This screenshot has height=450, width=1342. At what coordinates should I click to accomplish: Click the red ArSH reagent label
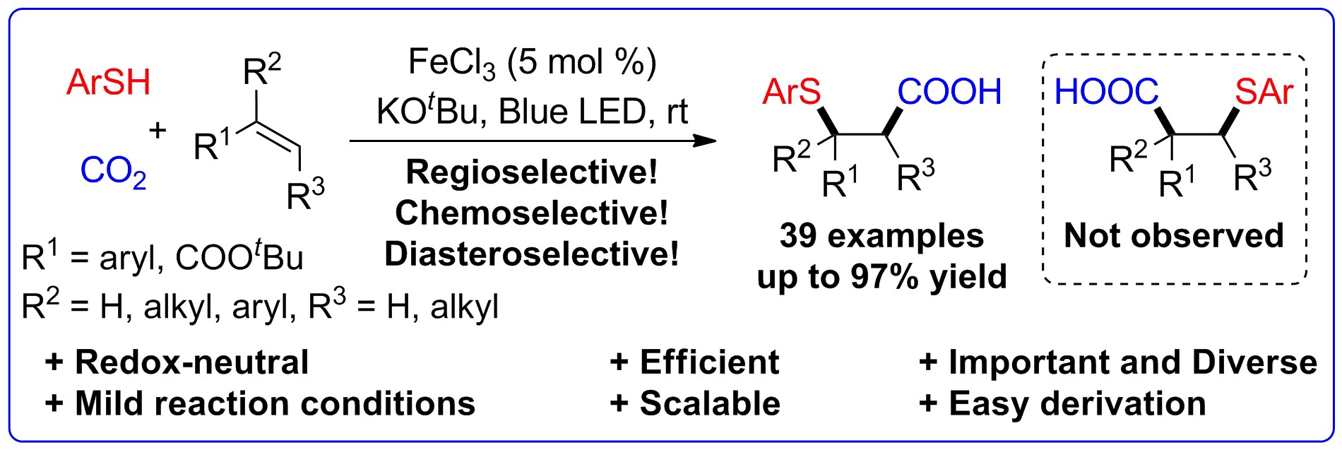pos(109,83)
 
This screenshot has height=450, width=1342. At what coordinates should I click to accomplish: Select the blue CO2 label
pos(114,172)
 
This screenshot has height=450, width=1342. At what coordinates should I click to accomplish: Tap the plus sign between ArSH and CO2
pos(157,129)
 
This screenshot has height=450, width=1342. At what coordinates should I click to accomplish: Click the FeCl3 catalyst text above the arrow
pos(452,64)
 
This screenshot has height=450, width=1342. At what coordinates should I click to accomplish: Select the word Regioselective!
pos(532,172)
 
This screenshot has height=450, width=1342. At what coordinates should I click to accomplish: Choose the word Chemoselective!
pos(532,212)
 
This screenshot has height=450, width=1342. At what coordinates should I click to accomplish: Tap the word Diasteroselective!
pos(532,253)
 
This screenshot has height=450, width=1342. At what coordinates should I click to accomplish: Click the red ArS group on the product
pos(792,92)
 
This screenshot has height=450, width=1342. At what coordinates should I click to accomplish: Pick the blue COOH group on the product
pos(949,92)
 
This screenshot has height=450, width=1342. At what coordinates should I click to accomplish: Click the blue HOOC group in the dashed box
pos(1106,92)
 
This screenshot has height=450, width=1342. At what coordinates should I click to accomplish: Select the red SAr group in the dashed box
pos(1264,92)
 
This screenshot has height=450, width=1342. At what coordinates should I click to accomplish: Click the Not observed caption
pos(1174,235)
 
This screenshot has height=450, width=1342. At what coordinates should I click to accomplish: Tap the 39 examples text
pos(881,235)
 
